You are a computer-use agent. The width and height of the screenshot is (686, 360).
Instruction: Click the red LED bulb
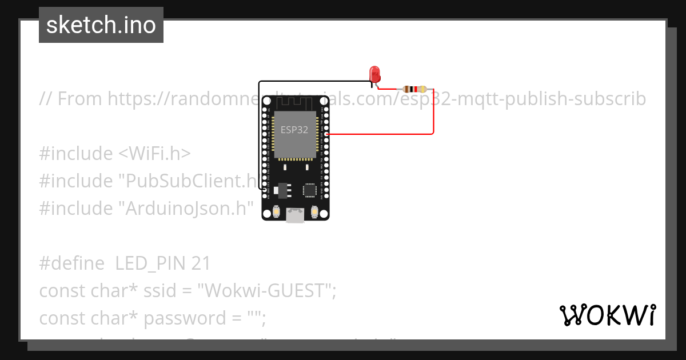(375, 73)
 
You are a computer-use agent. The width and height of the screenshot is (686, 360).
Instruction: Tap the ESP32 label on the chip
(294, 130)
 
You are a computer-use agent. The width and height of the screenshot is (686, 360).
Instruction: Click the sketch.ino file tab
(101, 25)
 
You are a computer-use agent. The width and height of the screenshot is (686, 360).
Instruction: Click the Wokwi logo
(607, 315)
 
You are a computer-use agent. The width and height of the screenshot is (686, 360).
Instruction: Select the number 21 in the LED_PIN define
(201, 263)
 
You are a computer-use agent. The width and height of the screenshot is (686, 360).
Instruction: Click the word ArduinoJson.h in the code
(185, 209)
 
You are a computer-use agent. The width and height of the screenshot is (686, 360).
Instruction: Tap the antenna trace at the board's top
(295, 102)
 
